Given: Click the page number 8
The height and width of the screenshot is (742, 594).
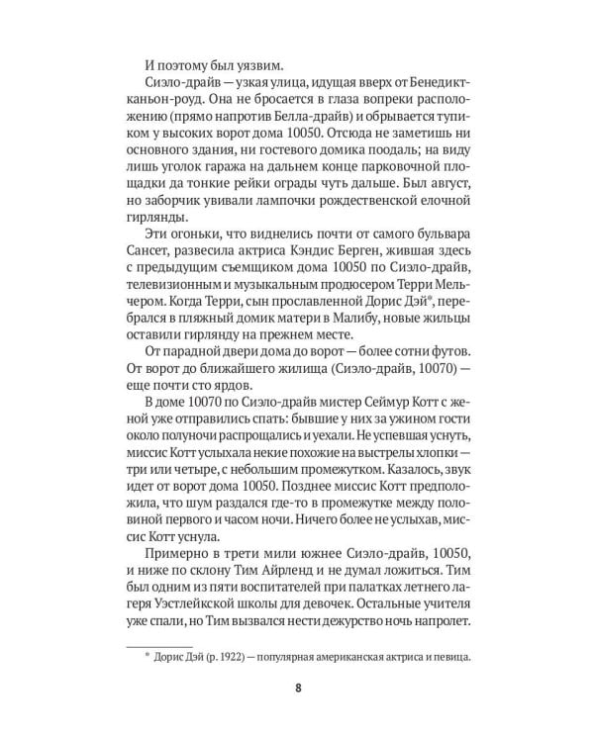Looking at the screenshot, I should (297, 690).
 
